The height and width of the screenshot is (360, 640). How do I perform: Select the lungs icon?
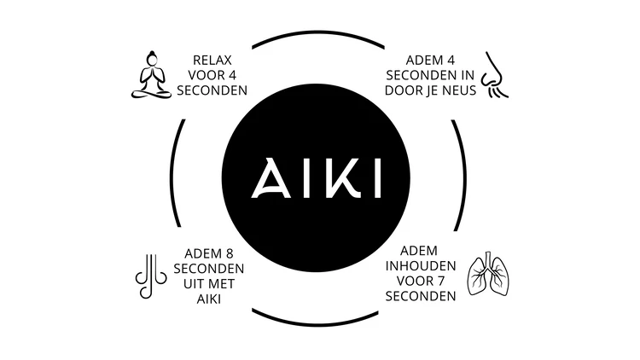click(489, 275)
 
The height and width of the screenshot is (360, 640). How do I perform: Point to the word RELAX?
click(213, 60)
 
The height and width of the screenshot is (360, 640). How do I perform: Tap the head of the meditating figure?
click(151, 58)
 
